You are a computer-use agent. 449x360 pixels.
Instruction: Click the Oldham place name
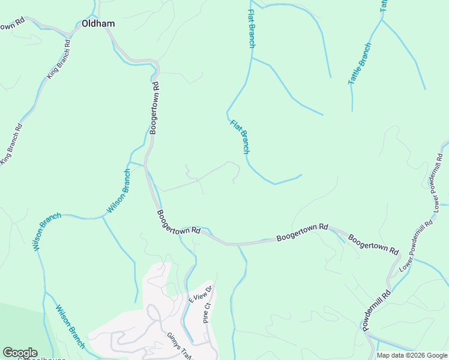tap(98, 24)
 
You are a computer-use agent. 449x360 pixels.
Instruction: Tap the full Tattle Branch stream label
tap(360, 63)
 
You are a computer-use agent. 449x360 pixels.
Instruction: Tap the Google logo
tap(20, 353)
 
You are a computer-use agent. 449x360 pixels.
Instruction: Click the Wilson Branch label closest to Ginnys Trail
tap(70, 326)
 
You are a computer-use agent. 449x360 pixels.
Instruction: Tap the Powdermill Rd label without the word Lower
tap(376, 310)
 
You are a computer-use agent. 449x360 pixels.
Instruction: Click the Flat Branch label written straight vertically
tap(252, 28)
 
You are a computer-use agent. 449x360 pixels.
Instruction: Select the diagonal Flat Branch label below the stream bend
tap(240, 137)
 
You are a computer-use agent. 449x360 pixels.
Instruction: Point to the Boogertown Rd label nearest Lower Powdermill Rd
tap(373, 243)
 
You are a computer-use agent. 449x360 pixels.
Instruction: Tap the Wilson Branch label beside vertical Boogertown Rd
tap(119, 191)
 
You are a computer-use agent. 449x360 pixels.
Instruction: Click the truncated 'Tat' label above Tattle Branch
tap(384, 6)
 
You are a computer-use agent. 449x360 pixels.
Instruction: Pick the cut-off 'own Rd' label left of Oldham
tap(12, 25)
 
